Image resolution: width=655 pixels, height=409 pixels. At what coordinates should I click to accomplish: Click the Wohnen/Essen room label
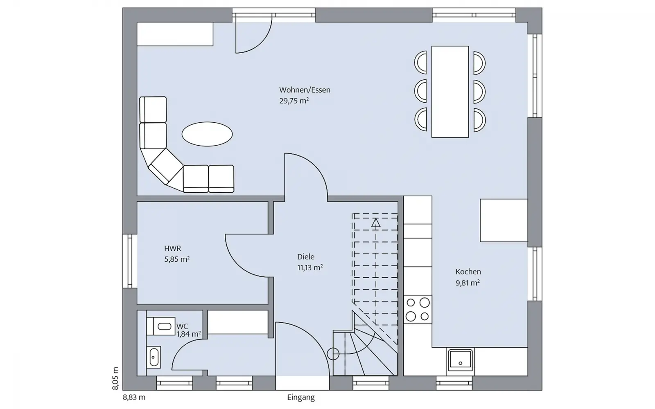[305, 90]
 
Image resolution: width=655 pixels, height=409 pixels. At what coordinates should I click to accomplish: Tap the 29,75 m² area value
[294, 101]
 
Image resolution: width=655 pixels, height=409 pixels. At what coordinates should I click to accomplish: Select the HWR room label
[172, 248]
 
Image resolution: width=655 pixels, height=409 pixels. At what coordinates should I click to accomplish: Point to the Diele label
[306, 257]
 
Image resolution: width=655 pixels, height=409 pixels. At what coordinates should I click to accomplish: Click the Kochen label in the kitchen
[468, 272]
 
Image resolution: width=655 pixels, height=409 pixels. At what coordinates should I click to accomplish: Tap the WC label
[182, 326]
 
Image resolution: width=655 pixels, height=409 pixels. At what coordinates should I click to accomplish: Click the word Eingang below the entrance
[301, 398]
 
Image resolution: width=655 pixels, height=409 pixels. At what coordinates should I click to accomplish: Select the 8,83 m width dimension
[134, 397]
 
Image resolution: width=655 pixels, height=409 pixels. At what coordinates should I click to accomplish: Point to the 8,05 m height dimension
[115, 378]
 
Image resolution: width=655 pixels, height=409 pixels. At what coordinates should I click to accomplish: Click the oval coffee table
[207, 134]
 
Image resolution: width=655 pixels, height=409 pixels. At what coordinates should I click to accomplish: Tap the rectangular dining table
[450, 92]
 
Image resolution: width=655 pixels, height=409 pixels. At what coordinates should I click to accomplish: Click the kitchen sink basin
[460, 360]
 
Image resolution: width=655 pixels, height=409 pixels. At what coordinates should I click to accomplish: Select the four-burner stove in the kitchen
[418, 309]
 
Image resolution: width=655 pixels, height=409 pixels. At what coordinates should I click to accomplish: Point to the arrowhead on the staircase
[376, 222]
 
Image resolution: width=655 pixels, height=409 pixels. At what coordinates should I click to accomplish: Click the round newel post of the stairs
[333, 354]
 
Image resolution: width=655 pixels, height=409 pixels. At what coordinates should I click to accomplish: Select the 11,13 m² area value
[310, 267]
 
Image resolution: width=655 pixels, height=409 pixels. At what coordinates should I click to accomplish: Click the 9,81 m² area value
[468, 283]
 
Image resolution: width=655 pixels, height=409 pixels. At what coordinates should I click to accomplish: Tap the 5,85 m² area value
[177, 259]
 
